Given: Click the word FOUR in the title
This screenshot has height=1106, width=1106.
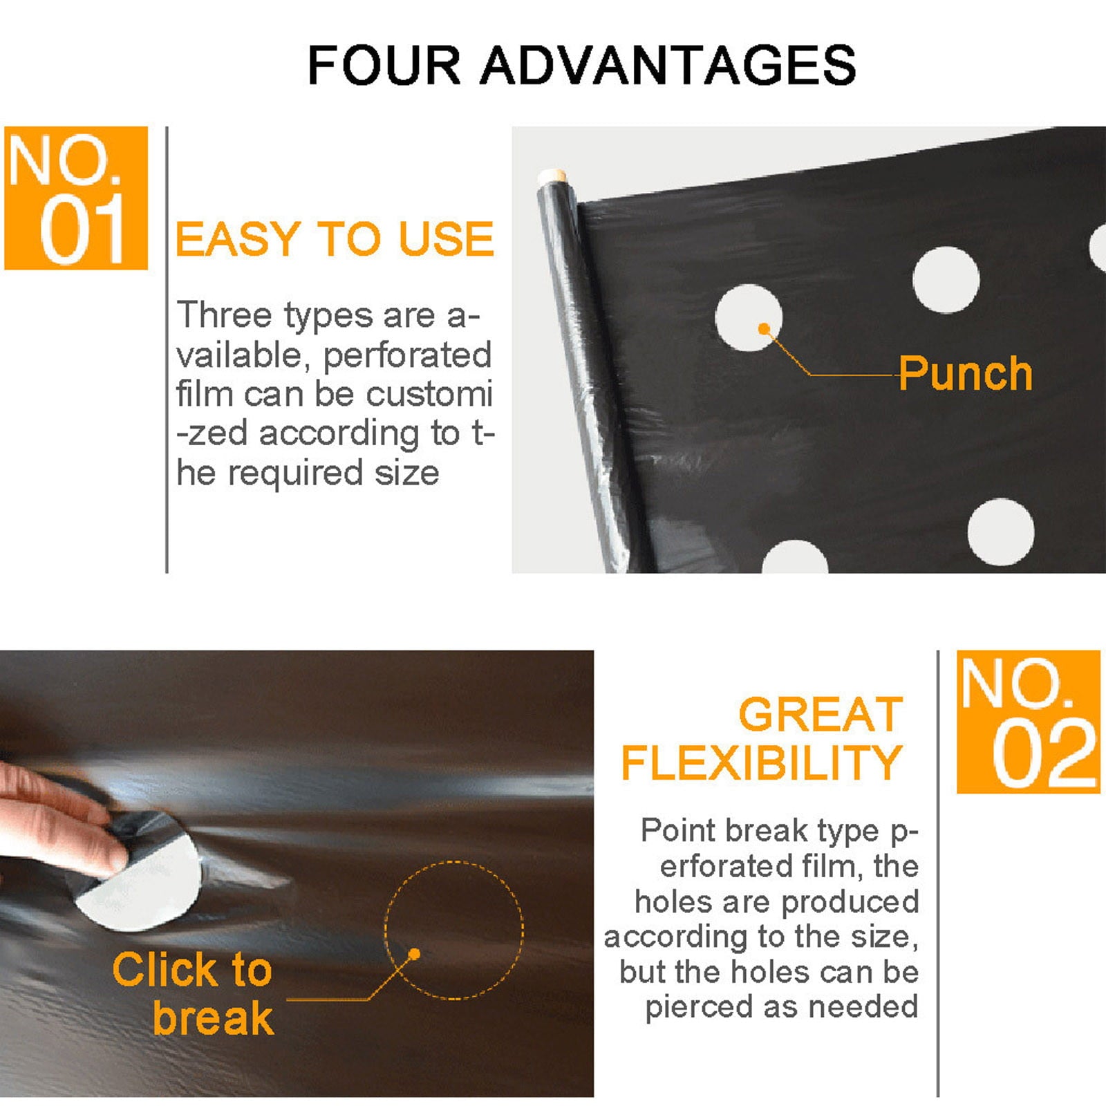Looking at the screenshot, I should point(384,66).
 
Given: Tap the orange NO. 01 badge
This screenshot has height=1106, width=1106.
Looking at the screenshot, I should point(76,198).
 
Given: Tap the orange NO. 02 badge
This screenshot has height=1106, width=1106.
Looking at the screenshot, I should point(1028,722).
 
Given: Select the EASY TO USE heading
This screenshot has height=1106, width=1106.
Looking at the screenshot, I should point(335,240).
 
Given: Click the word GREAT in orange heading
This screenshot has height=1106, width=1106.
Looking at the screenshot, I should point(821,714).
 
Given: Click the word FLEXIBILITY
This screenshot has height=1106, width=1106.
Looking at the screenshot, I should point(762,763).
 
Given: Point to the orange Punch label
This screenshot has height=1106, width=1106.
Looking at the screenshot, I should point(965,374).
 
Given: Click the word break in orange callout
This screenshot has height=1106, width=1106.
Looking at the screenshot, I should point(213,1018).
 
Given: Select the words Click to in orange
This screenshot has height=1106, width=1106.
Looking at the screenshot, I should point(192,970).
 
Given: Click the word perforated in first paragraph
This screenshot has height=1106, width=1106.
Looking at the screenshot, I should point(406,355).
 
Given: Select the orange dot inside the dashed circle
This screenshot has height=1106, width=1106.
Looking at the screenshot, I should point(414,954).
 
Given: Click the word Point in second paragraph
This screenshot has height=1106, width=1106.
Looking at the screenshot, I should point(678,830).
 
